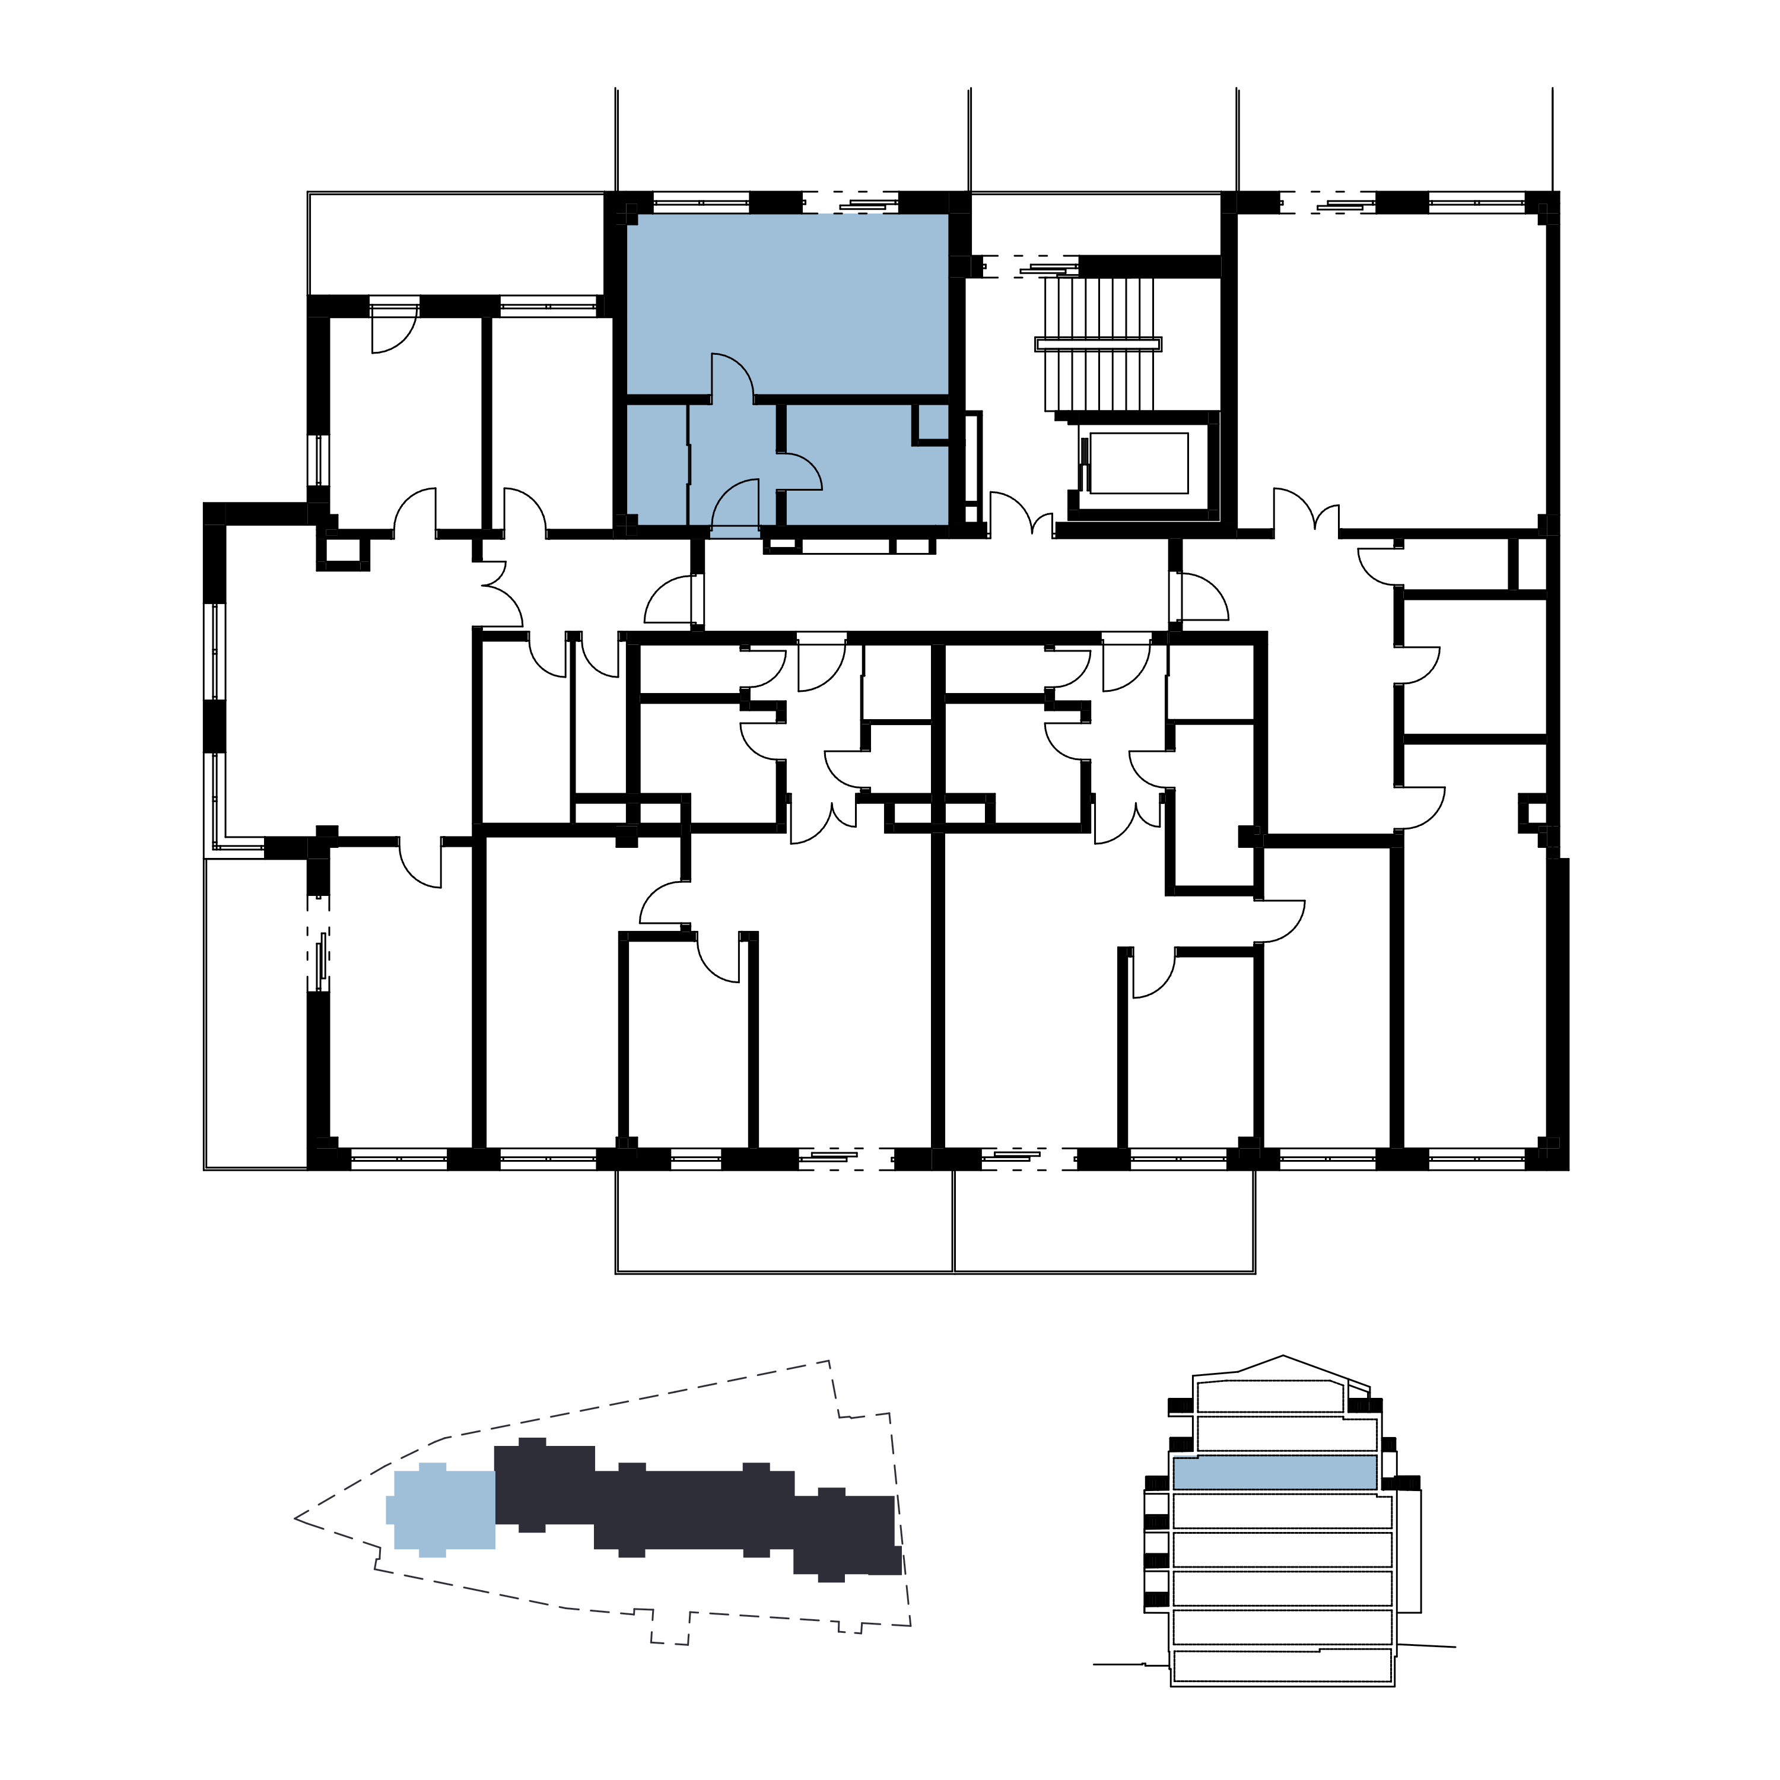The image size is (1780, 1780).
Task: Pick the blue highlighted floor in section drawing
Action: tap(1275, 1471)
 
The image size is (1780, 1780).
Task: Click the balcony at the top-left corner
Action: tap(456, 244)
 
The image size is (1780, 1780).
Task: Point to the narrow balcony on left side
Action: tap(255, 1013)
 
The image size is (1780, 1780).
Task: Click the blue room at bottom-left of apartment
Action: tap(656, 465)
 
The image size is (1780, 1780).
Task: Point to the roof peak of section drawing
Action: tap(1282, 1356)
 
